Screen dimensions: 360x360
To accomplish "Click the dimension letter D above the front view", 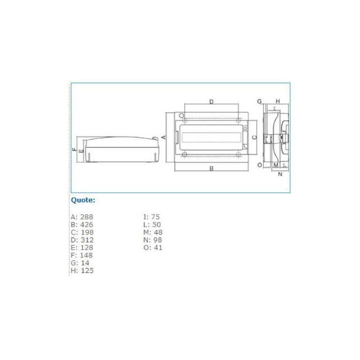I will [211, 102].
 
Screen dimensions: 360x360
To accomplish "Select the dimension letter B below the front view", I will [211, 169].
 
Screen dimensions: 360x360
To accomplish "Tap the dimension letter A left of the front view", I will [164, 137].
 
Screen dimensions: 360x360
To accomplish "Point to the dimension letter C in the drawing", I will [254, 137].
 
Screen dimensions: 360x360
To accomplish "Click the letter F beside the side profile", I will [75, 148].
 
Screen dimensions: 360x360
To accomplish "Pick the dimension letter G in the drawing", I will [260, 101].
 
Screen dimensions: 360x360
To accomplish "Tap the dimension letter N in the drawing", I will [280, 174].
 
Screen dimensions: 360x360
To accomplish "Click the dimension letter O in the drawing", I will [260, 165].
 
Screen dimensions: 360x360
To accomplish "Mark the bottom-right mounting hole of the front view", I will [238, 155].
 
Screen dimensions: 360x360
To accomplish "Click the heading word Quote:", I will [83, 200].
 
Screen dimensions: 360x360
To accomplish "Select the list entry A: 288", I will [82, 217].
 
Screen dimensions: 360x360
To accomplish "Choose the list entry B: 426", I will [82, 225].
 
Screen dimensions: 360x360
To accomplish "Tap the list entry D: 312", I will [82, 240].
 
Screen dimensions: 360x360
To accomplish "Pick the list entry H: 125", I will [82, 270].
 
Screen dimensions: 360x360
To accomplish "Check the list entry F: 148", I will [82, 255].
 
